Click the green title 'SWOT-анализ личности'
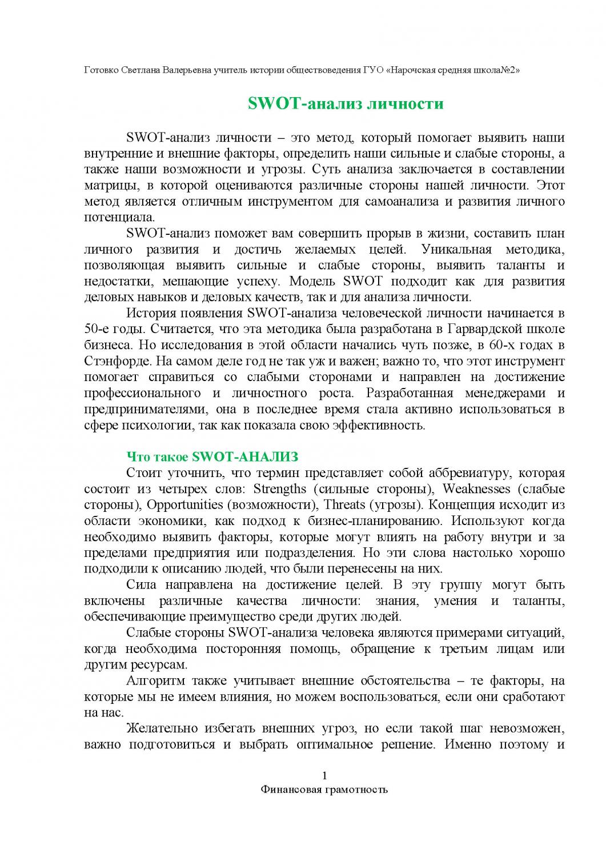pos(346,104)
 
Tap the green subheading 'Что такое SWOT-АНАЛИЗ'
pos(212,456)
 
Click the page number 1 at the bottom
pos(324,775)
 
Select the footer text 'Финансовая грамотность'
pos(324,790)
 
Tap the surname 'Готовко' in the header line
pos(102,70)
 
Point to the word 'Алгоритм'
pos(155,681)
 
